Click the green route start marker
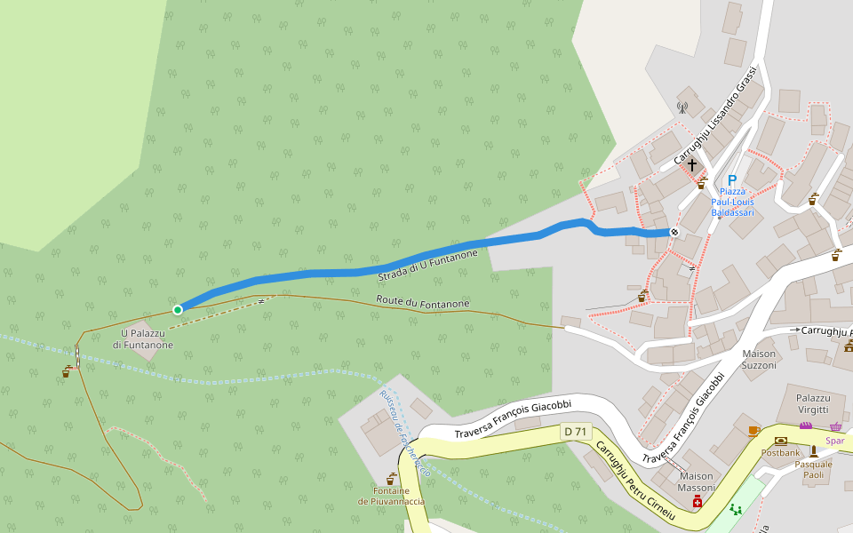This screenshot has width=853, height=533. pos(178,309)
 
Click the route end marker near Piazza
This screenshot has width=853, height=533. pos(674,233)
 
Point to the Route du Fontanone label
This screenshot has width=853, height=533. pos(422,303)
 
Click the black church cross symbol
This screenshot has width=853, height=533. pos(692,165)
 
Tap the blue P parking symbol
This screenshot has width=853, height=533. pos(732,180)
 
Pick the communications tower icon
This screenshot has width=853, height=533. pos(682,107)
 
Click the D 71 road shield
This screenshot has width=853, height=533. pos(576,432)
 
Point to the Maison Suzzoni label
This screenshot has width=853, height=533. pos(759,359)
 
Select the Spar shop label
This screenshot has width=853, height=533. pos(834,441)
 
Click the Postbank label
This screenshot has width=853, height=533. pos(781,452)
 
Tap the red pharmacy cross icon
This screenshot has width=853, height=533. pos(698,503)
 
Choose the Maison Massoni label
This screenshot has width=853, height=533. pos(696,482)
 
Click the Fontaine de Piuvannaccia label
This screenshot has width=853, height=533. pos(391,496)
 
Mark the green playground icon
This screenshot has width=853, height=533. pos(735,509)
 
